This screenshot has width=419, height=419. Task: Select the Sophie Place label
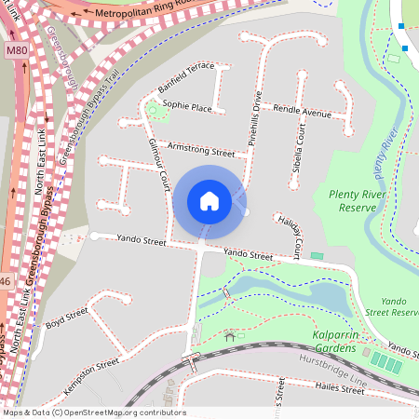click(x=186, y=107)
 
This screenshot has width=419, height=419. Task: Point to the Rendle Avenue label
click(x=302, y=112)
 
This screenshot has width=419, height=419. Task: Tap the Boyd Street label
click(x=66, y=318)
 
